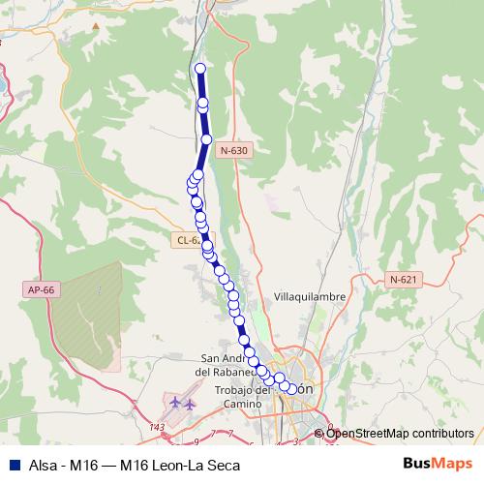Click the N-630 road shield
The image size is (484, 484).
pos(232,150)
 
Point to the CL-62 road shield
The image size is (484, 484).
pos(189,240)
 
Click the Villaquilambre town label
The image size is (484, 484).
pos(311,296)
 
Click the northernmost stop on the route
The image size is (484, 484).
pos(200,69)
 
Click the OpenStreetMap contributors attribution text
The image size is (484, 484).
pos(400,434)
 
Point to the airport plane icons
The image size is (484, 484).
pos(181,403)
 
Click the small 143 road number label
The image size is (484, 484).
pos(158,427)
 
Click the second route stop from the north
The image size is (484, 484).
pos(203,103)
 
